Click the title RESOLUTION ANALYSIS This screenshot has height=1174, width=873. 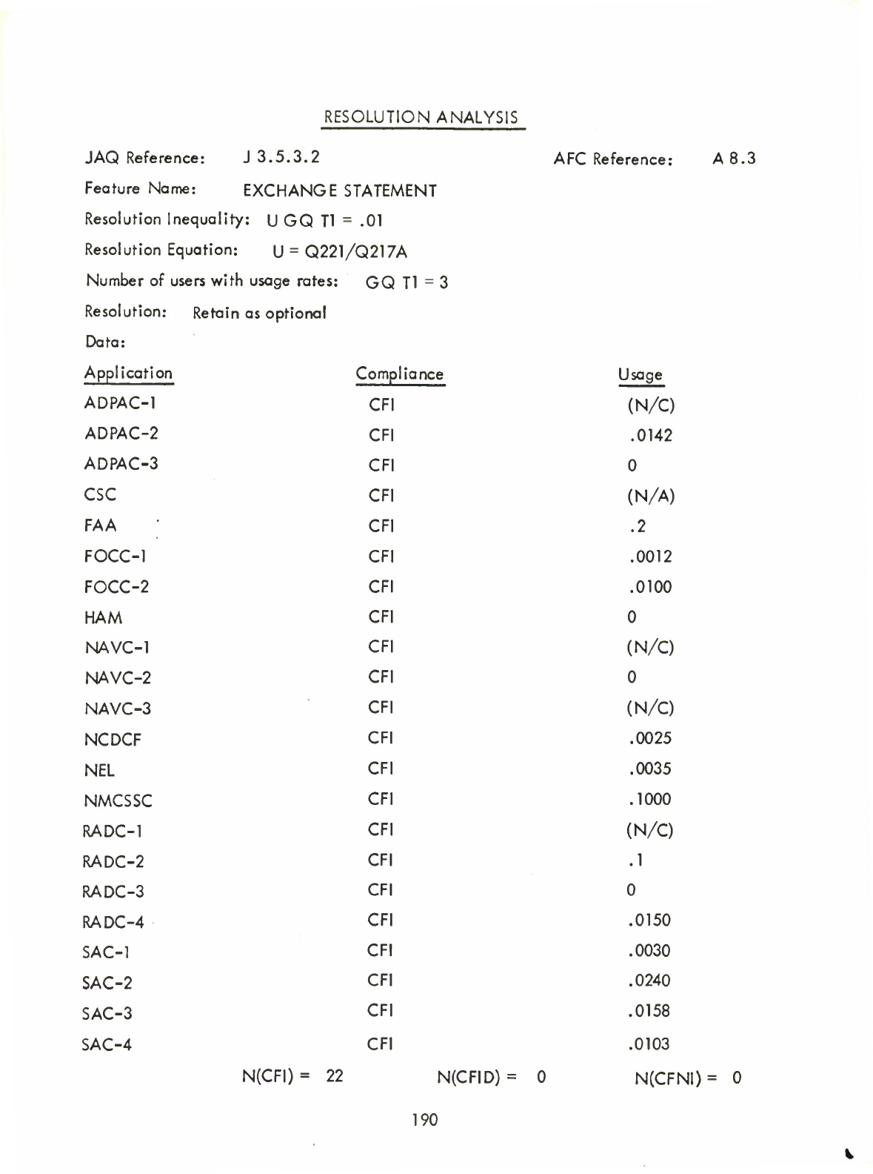pos(421,117)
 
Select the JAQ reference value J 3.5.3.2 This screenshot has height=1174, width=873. pos(281,157)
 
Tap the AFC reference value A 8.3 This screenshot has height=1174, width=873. pos(734,158)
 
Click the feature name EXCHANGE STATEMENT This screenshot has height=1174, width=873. pos(340,191)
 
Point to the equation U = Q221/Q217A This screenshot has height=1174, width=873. pos(340,252)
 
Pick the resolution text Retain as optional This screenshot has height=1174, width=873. pos(259,313)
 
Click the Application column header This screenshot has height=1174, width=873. pos(128,373)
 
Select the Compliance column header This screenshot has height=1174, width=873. pos(399,374)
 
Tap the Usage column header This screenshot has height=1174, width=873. pos(640,375)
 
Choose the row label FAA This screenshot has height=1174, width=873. pos(101,525)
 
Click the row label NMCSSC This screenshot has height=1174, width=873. pos(118,800)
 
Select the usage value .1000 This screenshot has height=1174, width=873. pos(650,799)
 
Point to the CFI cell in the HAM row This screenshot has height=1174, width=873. pos(381,617)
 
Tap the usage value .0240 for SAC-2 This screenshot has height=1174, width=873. pos(649,981)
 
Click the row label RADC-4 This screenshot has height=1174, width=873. pos(113,922)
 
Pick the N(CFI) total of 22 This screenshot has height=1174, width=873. pos(335,1076)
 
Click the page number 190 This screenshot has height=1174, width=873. pos(425,1120)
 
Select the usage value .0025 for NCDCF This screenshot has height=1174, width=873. pos(650,738)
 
